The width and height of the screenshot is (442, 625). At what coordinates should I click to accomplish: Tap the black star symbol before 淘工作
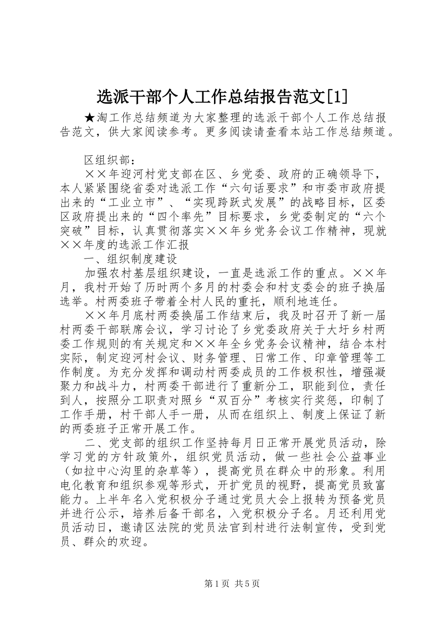[x=90, y=119]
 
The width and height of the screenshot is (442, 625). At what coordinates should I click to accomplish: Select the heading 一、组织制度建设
[x=131, y=258]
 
